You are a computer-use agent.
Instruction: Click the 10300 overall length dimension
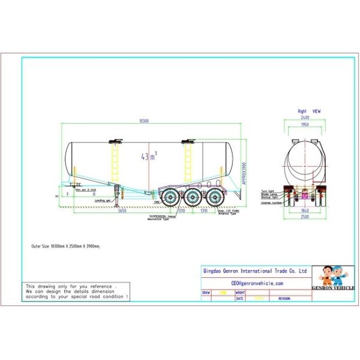coord(143,121)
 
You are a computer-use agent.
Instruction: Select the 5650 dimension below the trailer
coord(121,211)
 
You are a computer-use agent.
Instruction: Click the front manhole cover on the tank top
coord(115,142)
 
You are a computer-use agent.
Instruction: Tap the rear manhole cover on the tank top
coord(188,142)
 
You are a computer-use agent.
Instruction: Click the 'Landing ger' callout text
coord(103,200)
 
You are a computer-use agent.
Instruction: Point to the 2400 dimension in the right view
coord(305,118)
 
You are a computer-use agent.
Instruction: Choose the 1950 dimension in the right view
coord(305,125)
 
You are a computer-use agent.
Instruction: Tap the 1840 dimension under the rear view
coord(305,211)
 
